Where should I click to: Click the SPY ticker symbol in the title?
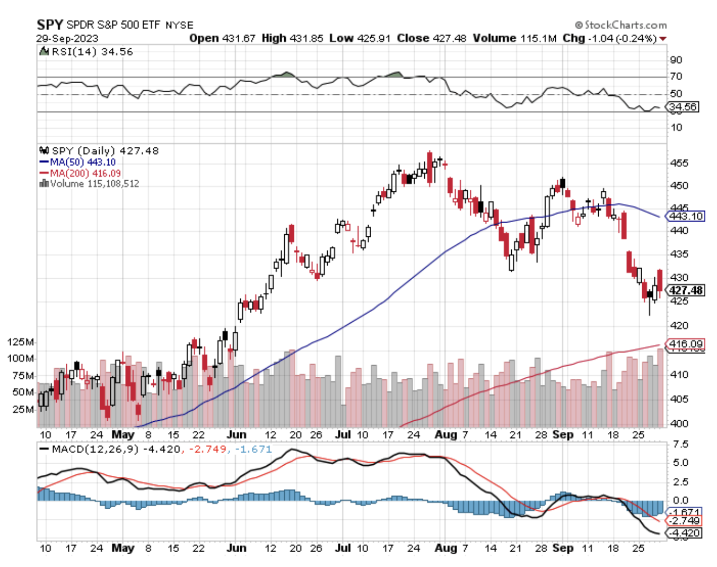point(50,24)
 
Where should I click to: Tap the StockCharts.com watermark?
point(621,25)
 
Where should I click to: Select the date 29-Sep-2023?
point(67,38)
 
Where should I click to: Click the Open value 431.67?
point(238,38)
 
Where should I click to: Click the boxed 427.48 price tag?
point(686,290)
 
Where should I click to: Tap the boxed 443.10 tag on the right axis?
point(686,216)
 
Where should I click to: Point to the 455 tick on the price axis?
point(679,163)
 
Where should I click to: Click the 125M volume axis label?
point(21,342)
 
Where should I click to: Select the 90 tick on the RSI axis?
point(676,60)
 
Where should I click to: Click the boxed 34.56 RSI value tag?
point(683,107)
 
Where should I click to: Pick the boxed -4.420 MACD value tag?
point(685,533)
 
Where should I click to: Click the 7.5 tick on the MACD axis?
point(680,444)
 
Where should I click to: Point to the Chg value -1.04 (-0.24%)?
point(629,38)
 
